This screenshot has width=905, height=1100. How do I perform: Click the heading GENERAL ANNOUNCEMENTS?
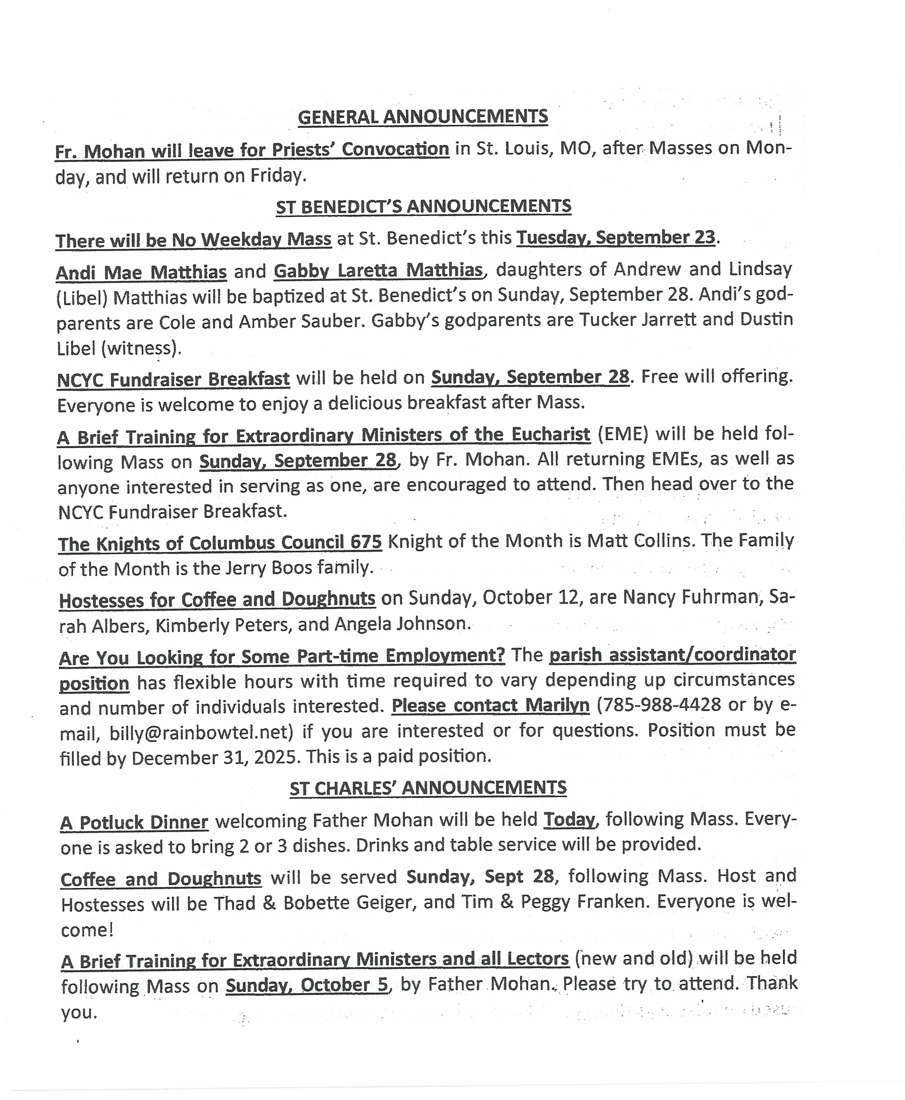click(x=423, y=117)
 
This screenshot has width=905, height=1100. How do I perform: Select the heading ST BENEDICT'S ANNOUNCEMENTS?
click(x=423, y=207)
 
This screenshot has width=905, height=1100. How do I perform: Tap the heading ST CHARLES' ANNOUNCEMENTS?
click(x=428, y=787)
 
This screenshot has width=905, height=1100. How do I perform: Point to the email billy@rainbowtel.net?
click(x=198, y=733)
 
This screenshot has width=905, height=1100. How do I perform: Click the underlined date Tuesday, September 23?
click(x=616, y=237)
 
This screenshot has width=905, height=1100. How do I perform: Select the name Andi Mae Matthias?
click(x=141, y=272)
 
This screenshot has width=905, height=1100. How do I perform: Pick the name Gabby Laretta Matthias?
click(x=378, y=270)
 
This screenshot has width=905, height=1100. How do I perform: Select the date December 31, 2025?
click(x=216, y=758)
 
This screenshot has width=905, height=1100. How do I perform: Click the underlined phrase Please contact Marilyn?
click(x=490, y=705)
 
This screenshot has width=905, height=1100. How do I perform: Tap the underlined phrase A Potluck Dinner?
click(x=134, y=822)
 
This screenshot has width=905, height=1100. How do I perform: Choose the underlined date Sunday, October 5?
click(x=308, y=985)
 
